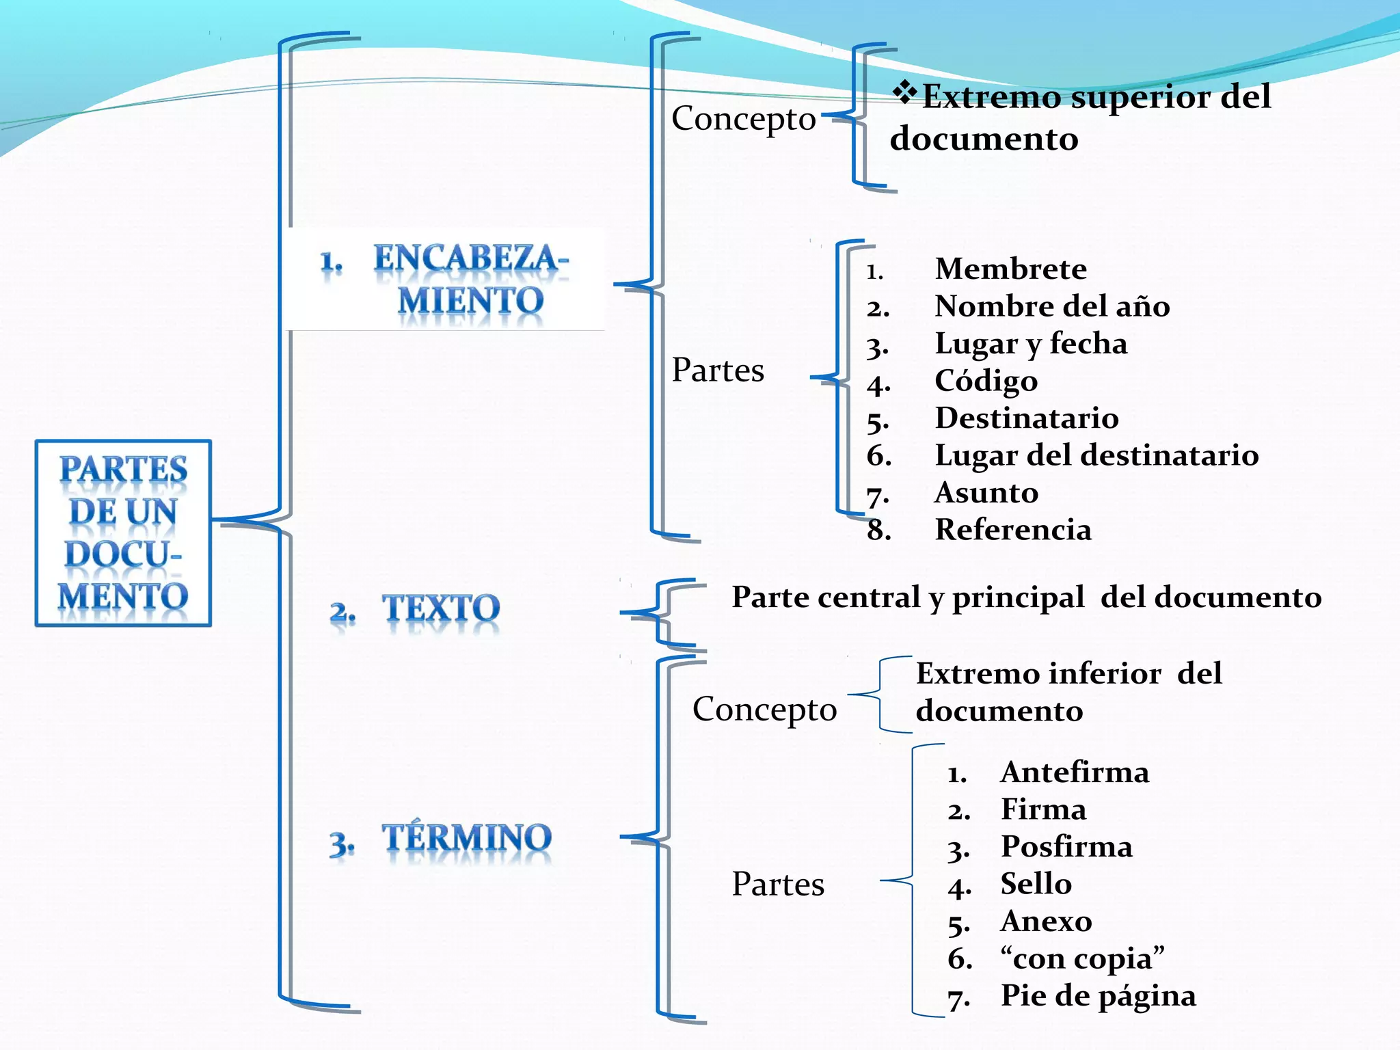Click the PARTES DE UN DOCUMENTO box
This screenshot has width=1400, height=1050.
(123, 533)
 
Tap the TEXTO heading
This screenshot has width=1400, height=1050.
(441, 608)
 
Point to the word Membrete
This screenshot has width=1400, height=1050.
(1010, 269)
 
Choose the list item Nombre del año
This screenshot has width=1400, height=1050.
(1051, 306)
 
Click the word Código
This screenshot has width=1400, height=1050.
(986, 381)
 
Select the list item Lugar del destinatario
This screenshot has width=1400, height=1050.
(1096, 455)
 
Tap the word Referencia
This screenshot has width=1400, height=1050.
(1013, 530)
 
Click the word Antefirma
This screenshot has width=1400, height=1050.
(1075, 772)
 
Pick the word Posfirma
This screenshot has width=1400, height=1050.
(1066, 847)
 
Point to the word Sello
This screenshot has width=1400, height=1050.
(1036, 884)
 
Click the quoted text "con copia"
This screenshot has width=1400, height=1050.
(1082, 958)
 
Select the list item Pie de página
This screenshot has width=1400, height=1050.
(1099, 996)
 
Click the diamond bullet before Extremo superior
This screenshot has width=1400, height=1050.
(905, 92)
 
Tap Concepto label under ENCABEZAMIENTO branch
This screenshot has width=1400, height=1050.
(744, 119)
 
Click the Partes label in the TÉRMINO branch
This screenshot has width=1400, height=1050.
(778, 885)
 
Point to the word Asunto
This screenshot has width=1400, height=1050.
(986, 493)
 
